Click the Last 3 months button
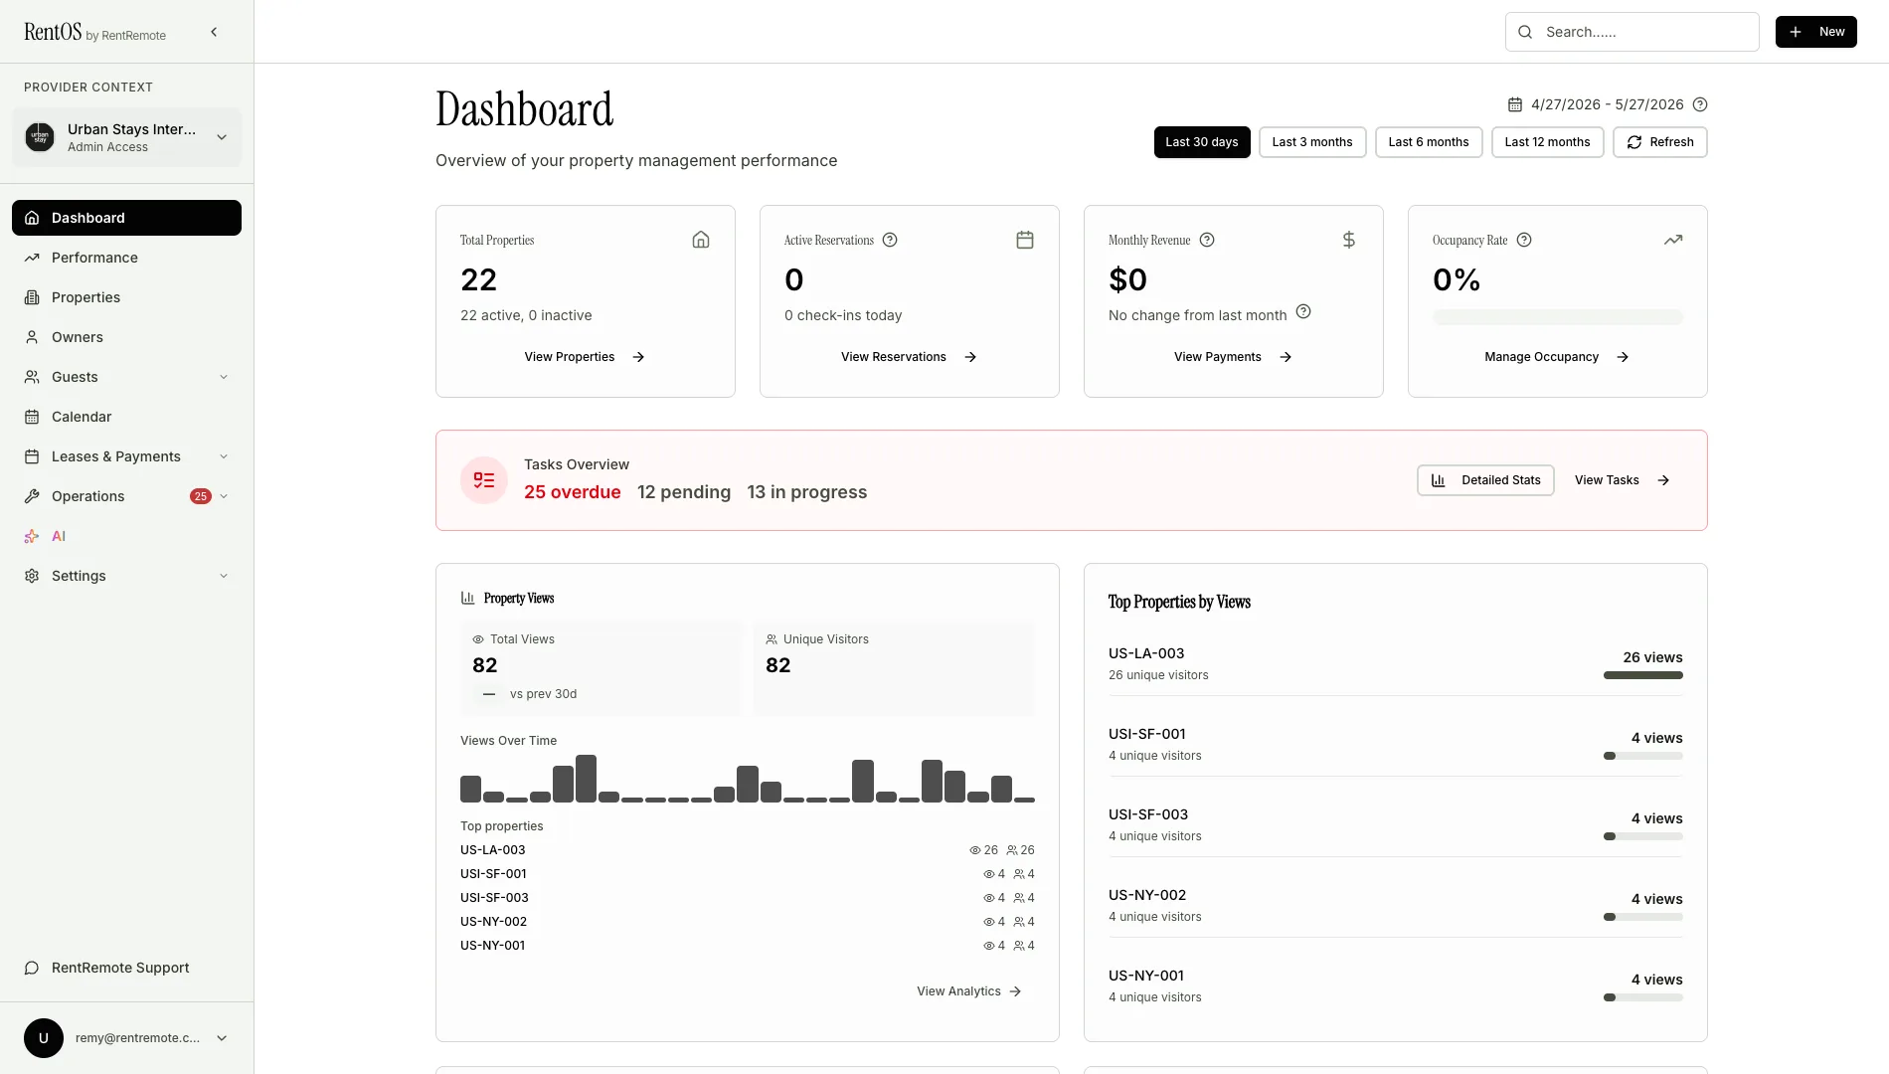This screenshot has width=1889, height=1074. point(1312,142)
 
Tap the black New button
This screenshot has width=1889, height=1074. point(1816,32)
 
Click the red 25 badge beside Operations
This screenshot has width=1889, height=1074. point(201,496)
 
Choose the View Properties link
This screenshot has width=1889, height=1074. point(585,357)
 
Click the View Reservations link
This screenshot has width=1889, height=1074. point(909,357)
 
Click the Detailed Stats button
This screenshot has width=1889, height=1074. point(1485,480)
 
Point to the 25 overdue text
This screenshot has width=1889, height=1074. point(573,492)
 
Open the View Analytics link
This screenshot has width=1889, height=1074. point(969,991)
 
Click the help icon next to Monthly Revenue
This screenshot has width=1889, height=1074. point(1207,240)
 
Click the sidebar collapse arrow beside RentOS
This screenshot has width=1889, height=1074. point(214,32)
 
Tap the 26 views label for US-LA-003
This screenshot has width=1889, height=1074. point(1652,657)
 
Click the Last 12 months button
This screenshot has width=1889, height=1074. point(1547,142)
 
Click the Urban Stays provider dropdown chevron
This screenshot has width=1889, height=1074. point(222,137)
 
